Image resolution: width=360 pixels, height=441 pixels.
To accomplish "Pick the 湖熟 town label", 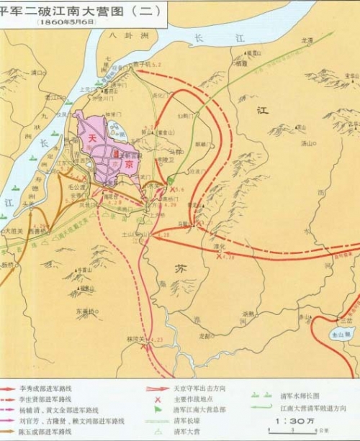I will [248, 313].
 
